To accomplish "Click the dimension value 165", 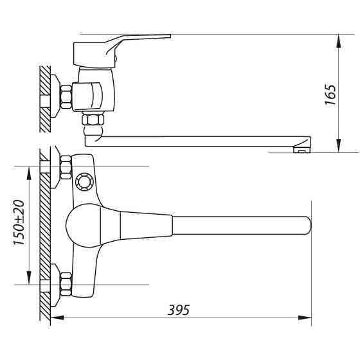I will (x=330, y=93).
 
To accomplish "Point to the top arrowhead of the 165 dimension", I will (x=339, y=40).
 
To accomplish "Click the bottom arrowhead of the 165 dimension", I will (x=339, y=147).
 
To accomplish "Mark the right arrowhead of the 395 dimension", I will (x=307, y=317).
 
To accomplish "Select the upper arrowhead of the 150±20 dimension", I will (x=29, y=170).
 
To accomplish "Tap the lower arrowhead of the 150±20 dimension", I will (x=29, y=280).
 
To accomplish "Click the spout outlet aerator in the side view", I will (x=300, y=151).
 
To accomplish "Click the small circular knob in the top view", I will (x=83, y=181).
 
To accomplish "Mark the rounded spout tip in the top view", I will (x=303, y=225).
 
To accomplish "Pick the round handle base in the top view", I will (x=84, y=225).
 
